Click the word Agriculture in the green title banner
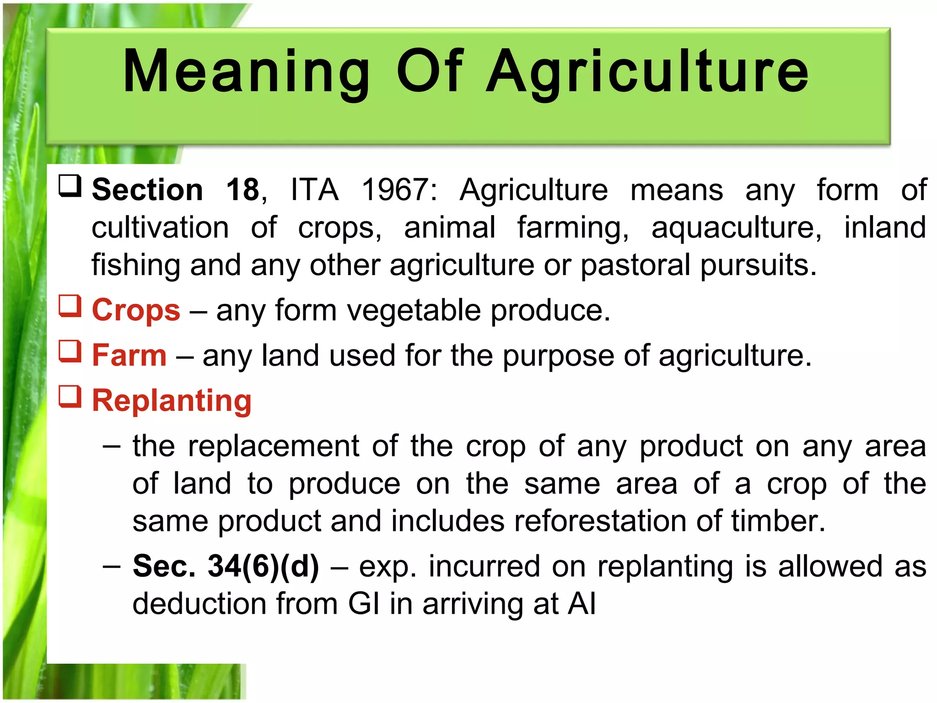point(647,72)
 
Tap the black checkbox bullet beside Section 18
point(70,186)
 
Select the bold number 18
point(242,189)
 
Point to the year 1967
point(399,189)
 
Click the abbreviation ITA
point(315,189)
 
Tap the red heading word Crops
point(136,310)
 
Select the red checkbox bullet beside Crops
point(70,306)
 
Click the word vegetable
point(414,310)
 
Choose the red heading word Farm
point(129,355)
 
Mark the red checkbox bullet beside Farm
point(70,351)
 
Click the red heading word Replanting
point(172,400)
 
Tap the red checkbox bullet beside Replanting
point(70,396)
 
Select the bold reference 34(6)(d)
point(263,566)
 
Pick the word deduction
point(199,604)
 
